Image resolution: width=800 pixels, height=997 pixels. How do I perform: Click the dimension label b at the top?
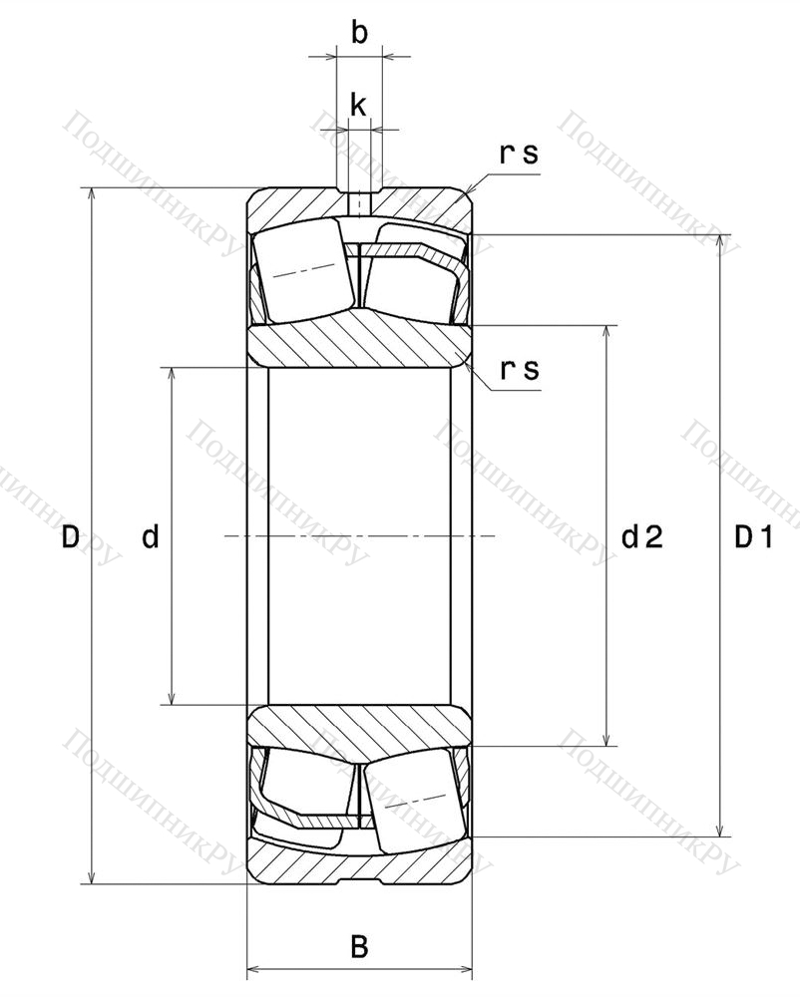[x=359, y=33]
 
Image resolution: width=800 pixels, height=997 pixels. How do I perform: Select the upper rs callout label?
[x=519, y=154]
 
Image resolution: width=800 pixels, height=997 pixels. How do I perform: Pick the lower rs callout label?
[x=520, y=370]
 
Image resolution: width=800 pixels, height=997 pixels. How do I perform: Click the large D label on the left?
[x=71, y=537]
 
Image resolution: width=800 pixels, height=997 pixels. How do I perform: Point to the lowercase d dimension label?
[x=150, y=536]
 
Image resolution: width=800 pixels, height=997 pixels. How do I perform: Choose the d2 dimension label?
[x=642, y=537]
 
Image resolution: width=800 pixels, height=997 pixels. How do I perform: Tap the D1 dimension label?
[x=754, y=537]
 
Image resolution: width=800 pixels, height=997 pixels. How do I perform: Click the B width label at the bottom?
[x=359, y=947]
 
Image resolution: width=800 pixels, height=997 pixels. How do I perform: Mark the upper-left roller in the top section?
[x=303, y=269]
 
